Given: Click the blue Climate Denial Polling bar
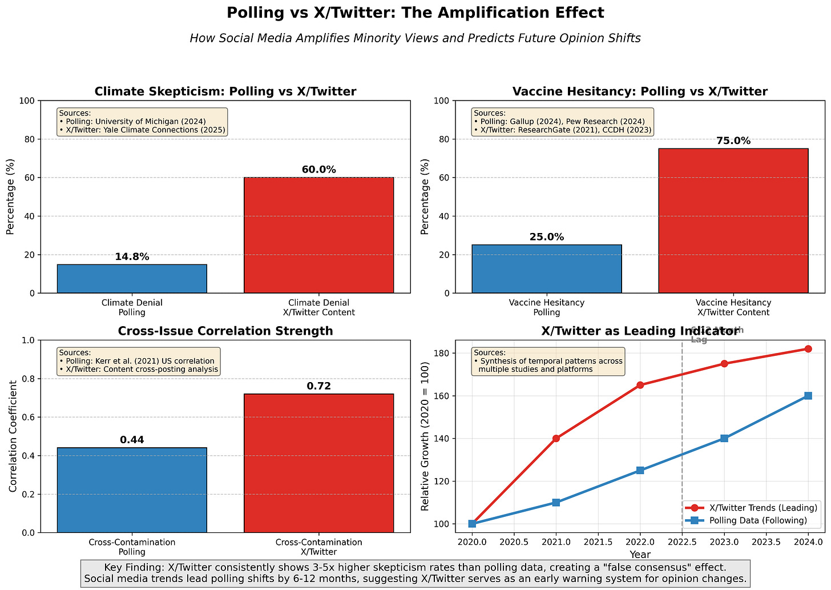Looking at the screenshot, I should click(x=132, y=279).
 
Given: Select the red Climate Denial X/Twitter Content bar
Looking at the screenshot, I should click(x=318, y=235).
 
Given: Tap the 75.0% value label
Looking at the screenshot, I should click(x=733, y=141).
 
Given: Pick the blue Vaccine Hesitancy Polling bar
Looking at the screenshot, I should click(x=546, y=268).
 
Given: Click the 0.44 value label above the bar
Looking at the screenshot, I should click(x=132, y=440).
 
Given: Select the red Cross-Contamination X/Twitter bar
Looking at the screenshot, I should click(x=318, y=463).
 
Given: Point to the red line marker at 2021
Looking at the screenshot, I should click(x=556, y=438).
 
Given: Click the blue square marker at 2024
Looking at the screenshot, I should click(x=808, y=396).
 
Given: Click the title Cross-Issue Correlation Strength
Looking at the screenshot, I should click(x=225, y=331).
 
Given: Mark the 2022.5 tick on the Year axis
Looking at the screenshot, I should click(x=682, y=541).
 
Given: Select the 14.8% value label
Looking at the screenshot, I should click(x=132, y=257).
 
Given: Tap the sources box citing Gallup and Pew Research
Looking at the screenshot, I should click(x=562, y=122).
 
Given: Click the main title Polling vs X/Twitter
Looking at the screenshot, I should click(x=415, y=13).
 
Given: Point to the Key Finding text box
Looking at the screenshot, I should click(x=415, y=573).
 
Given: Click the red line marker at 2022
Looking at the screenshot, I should click(x=640, y=385).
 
